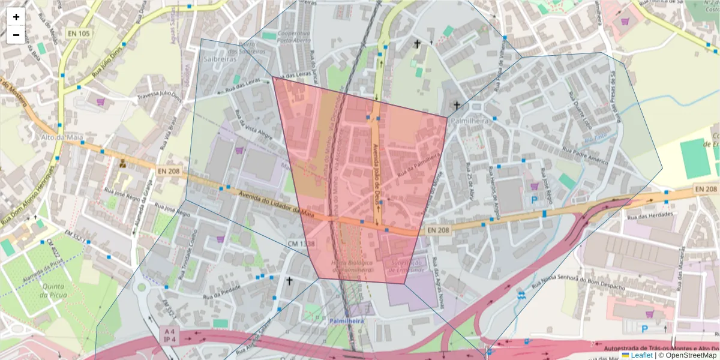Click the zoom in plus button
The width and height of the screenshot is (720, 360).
coord(16,17)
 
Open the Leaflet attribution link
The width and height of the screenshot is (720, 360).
coord(641,355)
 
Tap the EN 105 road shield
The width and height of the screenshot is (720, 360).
coord(79,34)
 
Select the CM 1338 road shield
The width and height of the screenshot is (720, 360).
coord(301,244)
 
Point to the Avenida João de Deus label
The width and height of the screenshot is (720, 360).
coord(376,174)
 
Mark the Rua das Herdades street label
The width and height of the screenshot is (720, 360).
coord(652,215)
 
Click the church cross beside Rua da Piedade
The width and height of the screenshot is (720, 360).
coord(289,281)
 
